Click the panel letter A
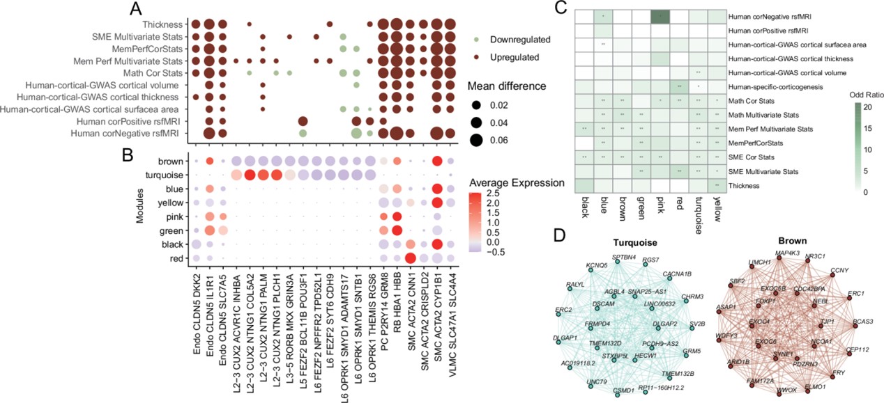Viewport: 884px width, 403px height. (137, 8)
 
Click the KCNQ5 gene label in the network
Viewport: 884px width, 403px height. (579, 265)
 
